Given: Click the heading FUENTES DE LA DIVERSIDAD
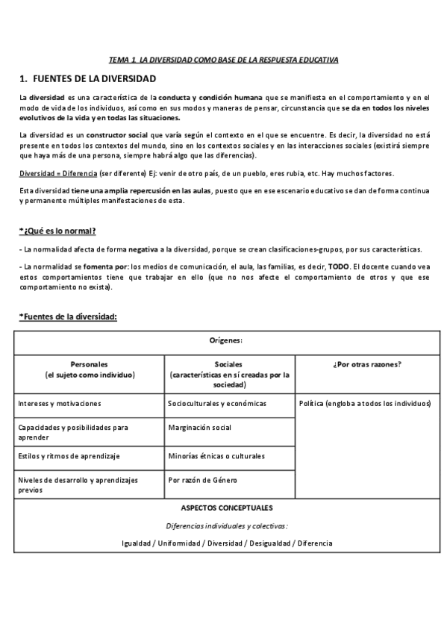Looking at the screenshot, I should click(x=87, y=78).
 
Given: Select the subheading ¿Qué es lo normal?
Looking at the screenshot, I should click(x=57, y=230).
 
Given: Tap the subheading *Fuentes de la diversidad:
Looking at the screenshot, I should click(x=68, y=316).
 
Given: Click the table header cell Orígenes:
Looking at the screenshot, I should click(x=228, y=340).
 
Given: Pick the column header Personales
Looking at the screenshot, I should click(x=89, y=364).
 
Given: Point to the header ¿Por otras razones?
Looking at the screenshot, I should click(x=365, y=364).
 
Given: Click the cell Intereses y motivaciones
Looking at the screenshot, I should click(x=60, y=404).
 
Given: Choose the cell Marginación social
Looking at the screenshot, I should click(x=200, y=428).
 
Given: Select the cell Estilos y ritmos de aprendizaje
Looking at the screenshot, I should click(x=69, y=455).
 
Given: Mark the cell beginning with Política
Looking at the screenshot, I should click(x=364, y=404).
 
